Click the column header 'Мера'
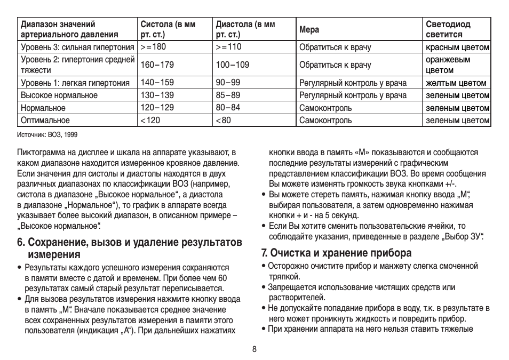(309, 30)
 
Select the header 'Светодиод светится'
(448, 30)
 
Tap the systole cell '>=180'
(153, 47)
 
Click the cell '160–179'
(157, 65)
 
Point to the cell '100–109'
(232, 65)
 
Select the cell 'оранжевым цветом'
(448, 65)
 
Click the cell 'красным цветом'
(457, 47)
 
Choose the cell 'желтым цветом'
(456, 83)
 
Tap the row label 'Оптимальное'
(45, 121)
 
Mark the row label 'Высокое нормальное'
(59, 95)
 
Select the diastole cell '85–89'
(228, 95)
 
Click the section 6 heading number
(21, 243)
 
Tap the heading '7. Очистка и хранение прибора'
(336, 252)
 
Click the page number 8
(254, 349)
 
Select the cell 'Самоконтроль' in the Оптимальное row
(325, 121)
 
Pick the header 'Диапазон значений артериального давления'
(69, 30)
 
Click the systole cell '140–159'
(157, 83)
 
